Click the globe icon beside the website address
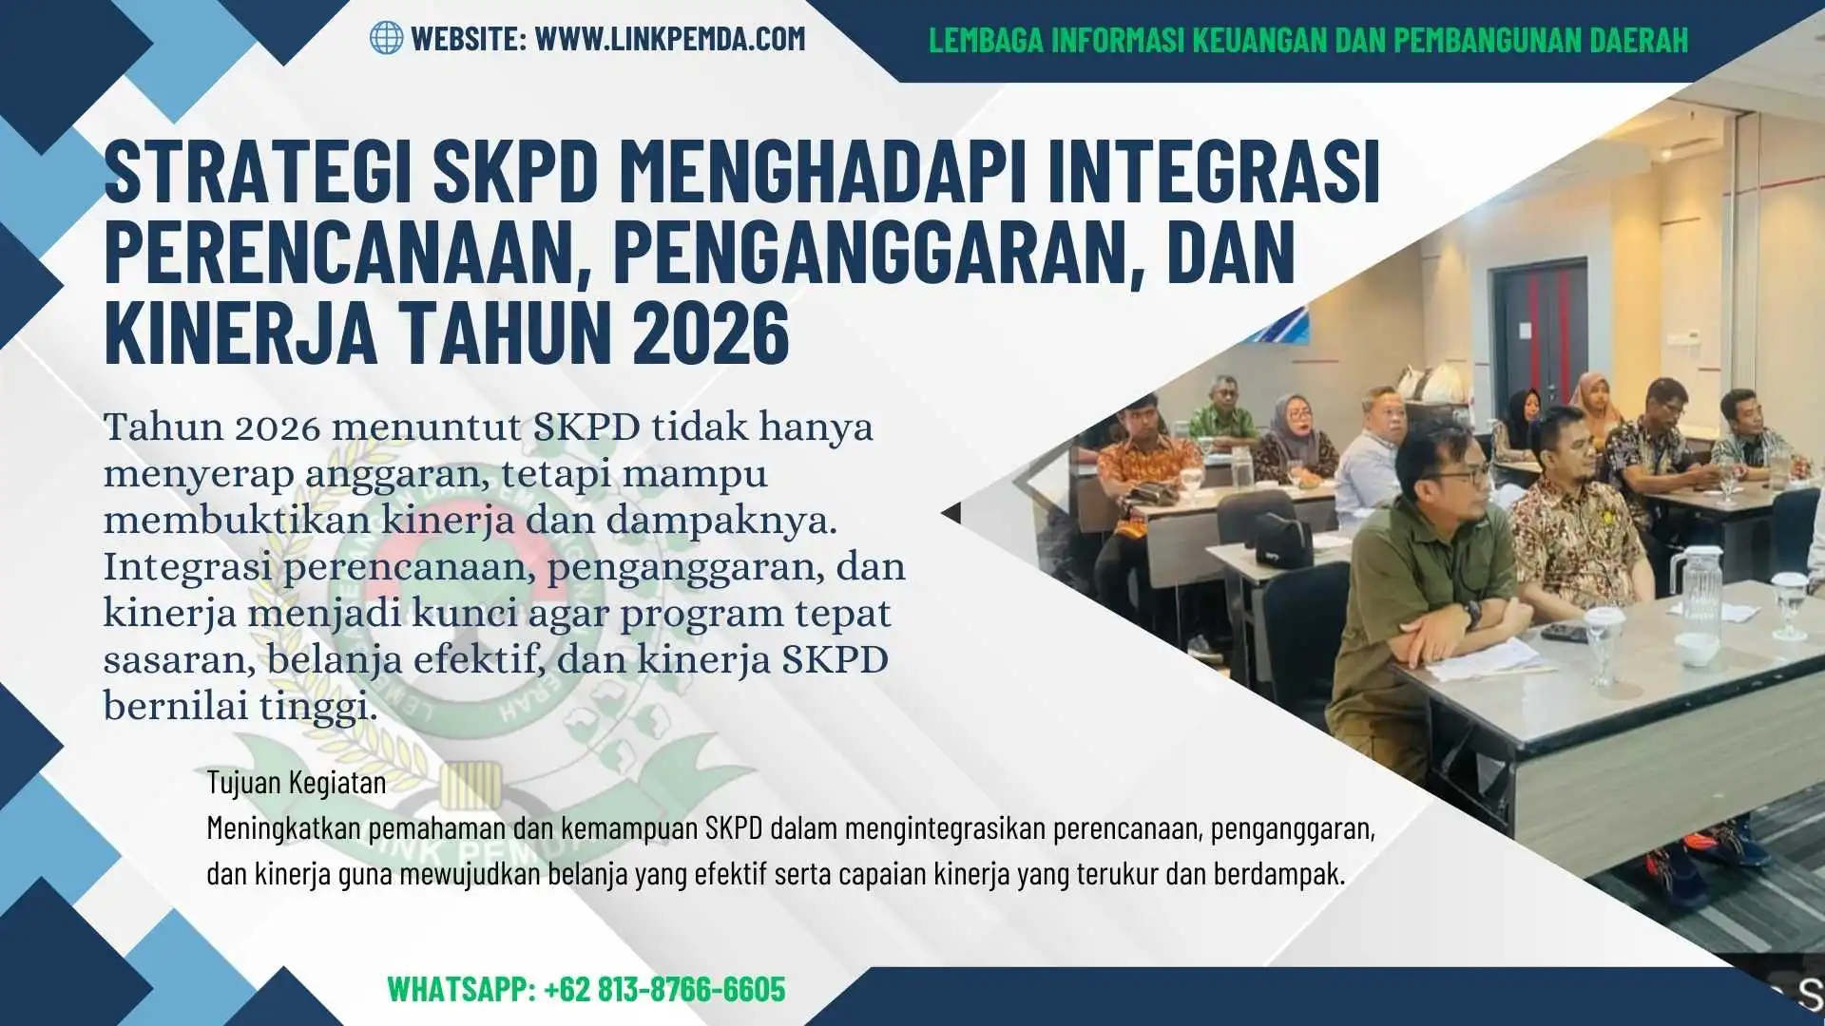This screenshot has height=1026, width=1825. (386, 38)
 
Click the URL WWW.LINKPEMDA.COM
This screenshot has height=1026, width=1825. (670, 39)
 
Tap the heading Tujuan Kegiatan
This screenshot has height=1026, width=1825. (297, 783)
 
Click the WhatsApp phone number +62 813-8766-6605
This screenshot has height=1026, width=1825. (664, 989)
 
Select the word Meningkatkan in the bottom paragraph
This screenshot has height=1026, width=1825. (284, 828)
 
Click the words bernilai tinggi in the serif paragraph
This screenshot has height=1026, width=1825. (240, 707)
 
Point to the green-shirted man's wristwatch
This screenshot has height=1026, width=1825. (1471, 612)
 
